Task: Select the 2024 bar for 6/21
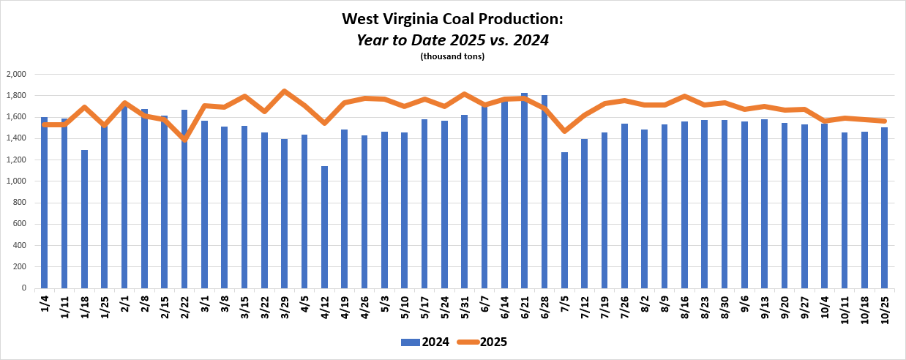tap(524, 190)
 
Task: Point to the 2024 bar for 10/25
tap(884, 208)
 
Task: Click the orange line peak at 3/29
tap(284, 91)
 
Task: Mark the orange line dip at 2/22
tap(184, 139)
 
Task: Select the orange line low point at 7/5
tap(564, 131)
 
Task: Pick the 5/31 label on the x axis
tap(465, 304)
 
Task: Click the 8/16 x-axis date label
tap(685, 304)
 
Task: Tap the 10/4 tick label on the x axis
tap(825, 304)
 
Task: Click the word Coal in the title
tap(426, 20)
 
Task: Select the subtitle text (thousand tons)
tap(452, 56)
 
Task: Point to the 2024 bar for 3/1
tap(204, 204)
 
